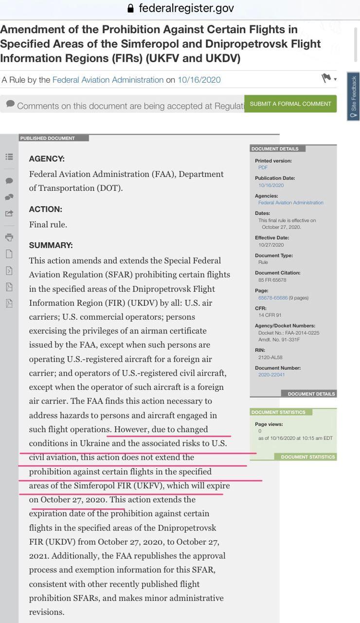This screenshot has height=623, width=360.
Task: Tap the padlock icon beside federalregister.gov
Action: click(x=130, y=8)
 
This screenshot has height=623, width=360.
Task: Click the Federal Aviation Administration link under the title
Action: click(x=108, y=80)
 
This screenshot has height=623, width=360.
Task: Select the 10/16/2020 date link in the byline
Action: click(x=199, y=80)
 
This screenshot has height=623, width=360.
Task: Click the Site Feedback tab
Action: click(x=353, y=96)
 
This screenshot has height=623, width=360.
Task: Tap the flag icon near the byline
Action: click(x=326, y=78)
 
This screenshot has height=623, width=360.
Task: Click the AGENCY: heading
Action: click(x=47, y=159)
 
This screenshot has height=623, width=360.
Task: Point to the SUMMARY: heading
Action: click(x=51, y=245)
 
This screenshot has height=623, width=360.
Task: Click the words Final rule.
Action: click(x=48, y=224)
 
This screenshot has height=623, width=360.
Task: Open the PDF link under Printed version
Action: click(x=263, y=167)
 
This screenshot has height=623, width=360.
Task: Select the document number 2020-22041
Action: click(x=271, y=375)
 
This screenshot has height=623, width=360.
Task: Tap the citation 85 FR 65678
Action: click(x=272, y=280)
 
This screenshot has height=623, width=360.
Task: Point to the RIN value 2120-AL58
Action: click(x=270, y=357)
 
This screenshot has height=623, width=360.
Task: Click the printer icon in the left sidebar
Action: click(x=9, y=238)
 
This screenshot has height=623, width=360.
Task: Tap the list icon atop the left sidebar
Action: click(x=9, y=157)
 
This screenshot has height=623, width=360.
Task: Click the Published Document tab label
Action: click(x=48, y=138)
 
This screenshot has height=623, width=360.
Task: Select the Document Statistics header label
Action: click(x=278, y=412)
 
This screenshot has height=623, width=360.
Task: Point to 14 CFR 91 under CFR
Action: click(x=270, y=315)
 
